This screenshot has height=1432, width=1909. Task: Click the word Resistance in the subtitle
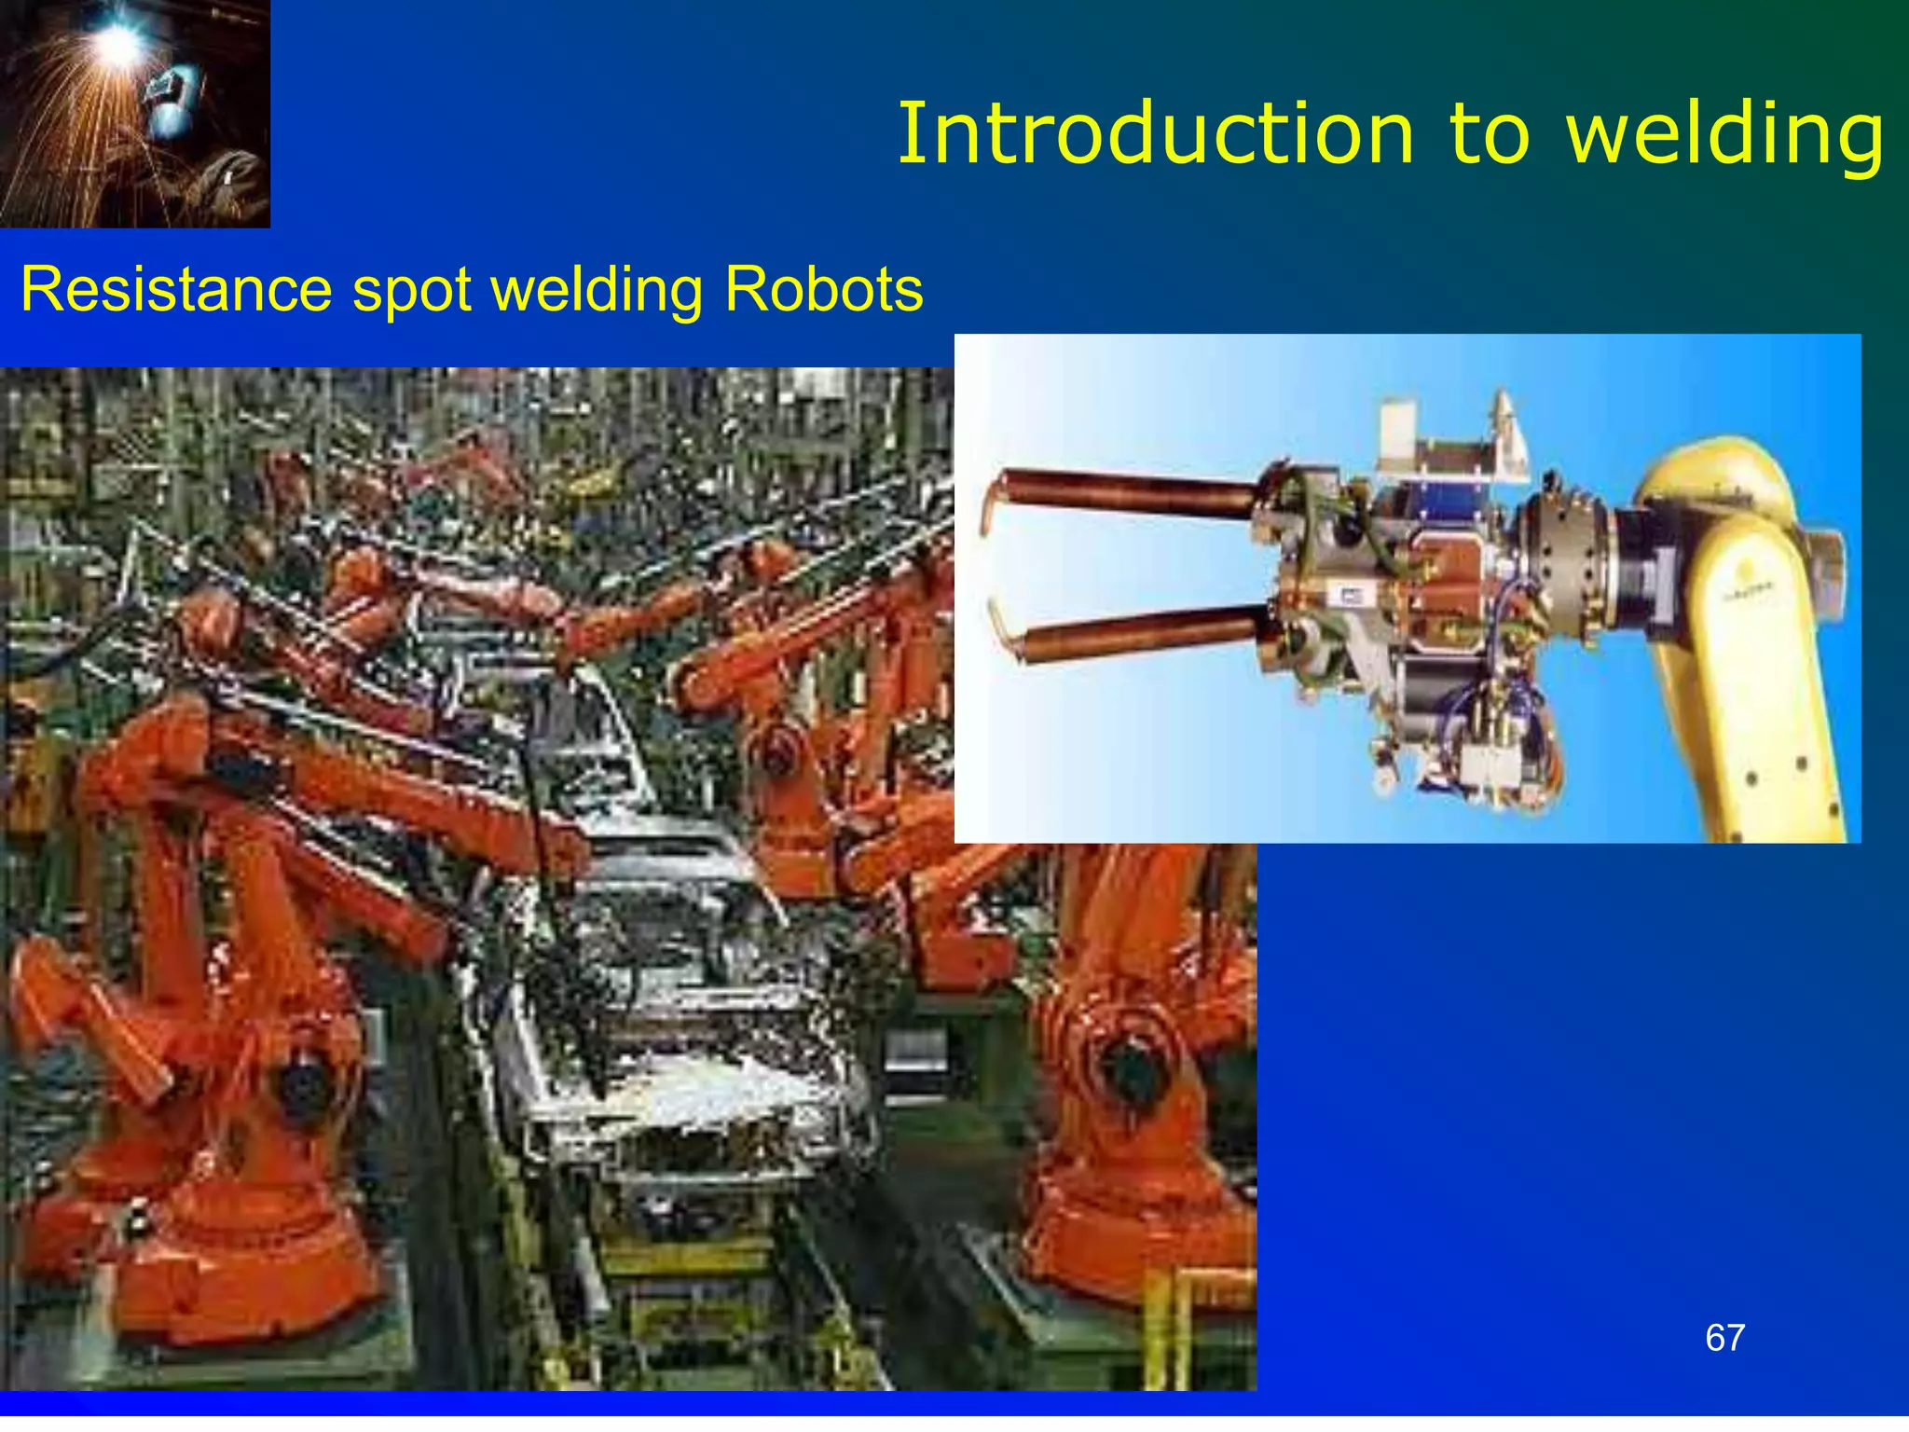pyautogui.click(x=176, y=289)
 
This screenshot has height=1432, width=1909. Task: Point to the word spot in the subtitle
pyautogui.click(x=411, y=291)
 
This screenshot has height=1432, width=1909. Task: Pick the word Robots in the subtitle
pyautogui.click(x=823, y=289)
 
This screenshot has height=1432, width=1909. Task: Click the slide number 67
pyautogui.click(x=1724, y=1338)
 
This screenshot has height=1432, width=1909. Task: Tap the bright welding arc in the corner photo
pyautogui.click(x=118, y=39)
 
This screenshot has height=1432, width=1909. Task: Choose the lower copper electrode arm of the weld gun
pyautogui.click(x=1142, y=632)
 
